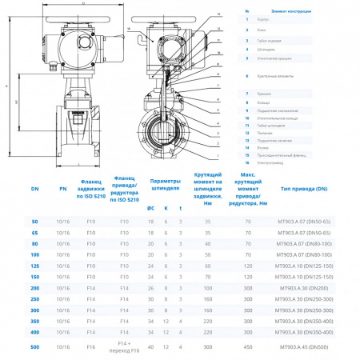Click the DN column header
pyautogui.click(x=34, y=189)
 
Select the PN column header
pyautogui.click(x=63, y=189)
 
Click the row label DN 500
pyautogui.click(x=34, y=347)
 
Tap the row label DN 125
pyautogui.click(x=34, y=264)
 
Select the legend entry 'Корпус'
pyautogui.click(x=269, y=18)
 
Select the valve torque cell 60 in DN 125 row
pyautogui.click(x=207, y=264)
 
